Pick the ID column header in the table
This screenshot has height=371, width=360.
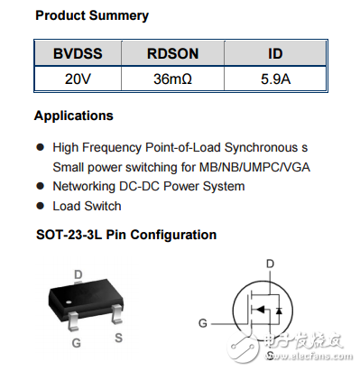pos(275,54)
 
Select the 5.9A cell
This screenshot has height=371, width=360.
pos(275,79)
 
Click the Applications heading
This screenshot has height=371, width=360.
pos(74,116)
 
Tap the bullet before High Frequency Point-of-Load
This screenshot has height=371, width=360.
pos(40,146)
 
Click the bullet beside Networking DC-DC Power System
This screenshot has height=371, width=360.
pos(40,187)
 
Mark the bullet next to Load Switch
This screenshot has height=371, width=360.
pos(40,206)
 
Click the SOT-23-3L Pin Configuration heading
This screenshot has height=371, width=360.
pos(125,235)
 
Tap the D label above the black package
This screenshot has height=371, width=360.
pos(78,274)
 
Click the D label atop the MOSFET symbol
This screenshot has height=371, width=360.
pos(269,264)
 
